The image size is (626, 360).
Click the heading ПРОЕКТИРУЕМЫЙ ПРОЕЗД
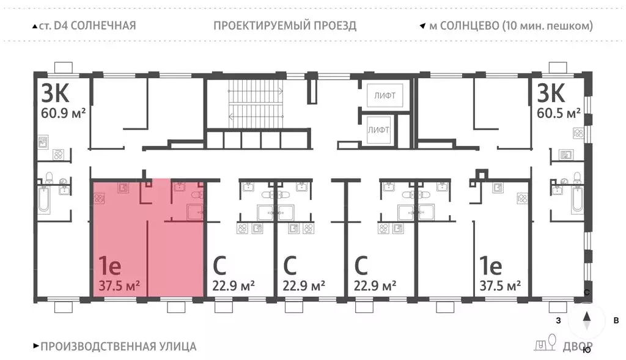[x=285, y=26]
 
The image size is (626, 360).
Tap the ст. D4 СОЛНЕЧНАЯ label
[x=87, y=26]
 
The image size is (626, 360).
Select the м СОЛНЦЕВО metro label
[x=510, y=26]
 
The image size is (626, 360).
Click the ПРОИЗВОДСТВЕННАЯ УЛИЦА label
[x=118, y=347]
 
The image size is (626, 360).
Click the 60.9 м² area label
[x=62, y=114]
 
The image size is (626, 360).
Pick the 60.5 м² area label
[x=559, y=114]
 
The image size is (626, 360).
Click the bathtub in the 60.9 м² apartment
[x=45, y=199]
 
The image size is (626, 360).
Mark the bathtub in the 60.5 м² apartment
[x=577, y=199]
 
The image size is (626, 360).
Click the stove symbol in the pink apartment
[x=100, y=199]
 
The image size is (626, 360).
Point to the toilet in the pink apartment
[x=196, y=194]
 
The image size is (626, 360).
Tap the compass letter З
[x=558, y=320]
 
